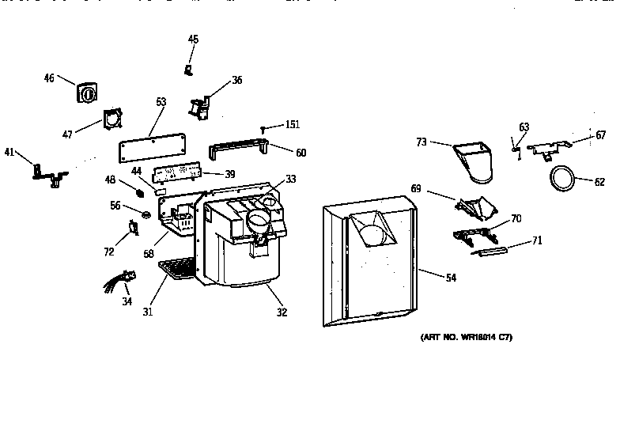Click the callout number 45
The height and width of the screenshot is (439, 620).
click(193, 39)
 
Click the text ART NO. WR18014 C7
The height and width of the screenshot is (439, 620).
click(466, 337)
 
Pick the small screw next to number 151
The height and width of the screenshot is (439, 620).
click(263, 127)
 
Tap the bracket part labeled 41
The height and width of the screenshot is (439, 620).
click(47, 172)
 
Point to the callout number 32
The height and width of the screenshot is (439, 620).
click(282, 312)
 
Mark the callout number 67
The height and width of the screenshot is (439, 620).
click(601, 135)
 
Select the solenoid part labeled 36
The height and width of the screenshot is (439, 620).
click(198, 107)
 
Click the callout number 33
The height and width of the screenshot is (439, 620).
click(291, 180)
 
